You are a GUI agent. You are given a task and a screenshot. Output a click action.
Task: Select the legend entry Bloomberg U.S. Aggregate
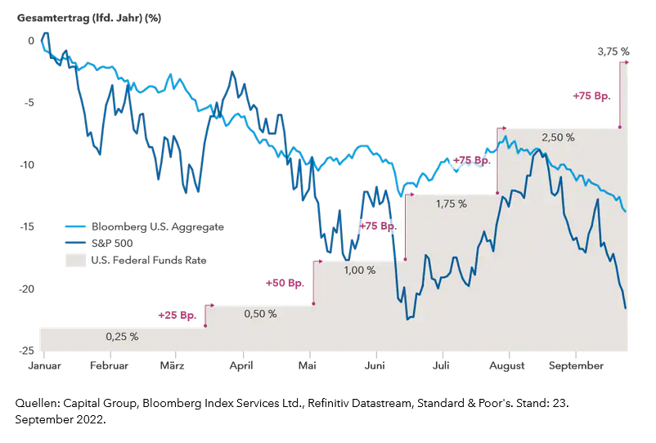click(x=157, y=226)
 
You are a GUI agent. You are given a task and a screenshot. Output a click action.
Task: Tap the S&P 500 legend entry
click(x=124, y=243)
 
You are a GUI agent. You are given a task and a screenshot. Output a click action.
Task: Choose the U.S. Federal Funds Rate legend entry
click(x=149, y=260)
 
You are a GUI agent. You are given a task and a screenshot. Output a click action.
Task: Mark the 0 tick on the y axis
click(x=31, y=41)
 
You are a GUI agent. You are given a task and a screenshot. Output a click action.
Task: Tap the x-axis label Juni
click(x=375, y=365)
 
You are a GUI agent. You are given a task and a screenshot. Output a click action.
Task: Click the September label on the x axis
click(x=576, y=365)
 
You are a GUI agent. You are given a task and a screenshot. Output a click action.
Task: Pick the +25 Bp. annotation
click(x=178, y=315)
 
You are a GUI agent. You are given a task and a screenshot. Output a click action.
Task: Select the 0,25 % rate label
click(x=122, y=336)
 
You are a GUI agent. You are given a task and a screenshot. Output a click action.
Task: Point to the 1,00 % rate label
click(x=359, y=270)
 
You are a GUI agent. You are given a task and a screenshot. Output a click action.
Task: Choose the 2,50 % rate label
click(x=557, y=137)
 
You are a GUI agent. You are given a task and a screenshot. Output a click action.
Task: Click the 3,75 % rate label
click(x=613, y=51)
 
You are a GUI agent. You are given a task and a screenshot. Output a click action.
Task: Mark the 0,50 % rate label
click(x=260, y=314)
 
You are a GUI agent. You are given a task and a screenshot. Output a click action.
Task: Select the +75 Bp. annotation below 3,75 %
click(x=592, y=96)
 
